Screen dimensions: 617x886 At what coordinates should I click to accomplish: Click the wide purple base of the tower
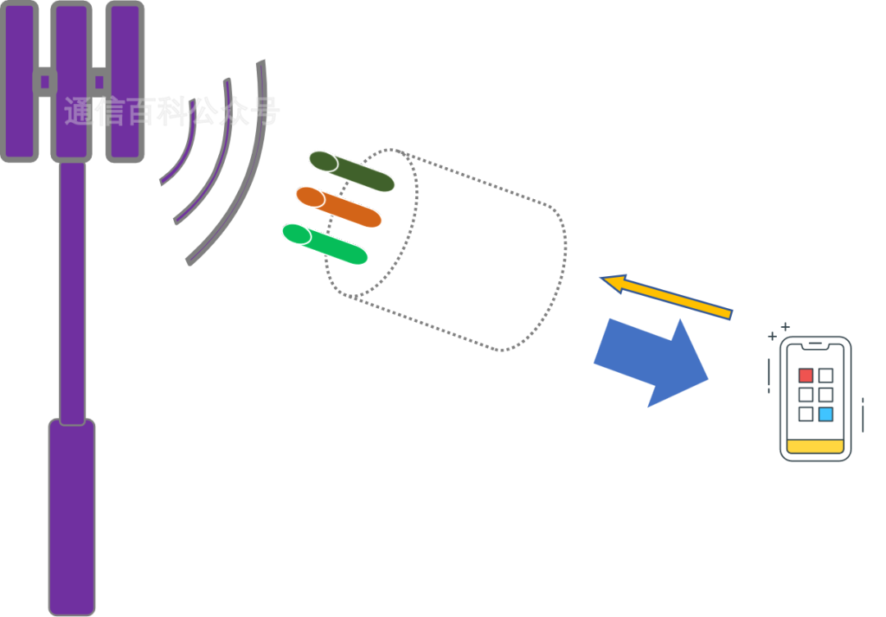(x=72, y=516)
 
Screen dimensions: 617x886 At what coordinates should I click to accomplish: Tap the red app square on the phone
(x=806, y=375)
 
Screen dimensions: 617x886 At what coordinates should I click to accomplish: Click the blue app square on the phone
(x=825, y=415)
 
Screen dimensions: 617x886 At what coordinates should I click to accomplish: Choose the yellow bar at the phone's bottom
(x=815, y=447)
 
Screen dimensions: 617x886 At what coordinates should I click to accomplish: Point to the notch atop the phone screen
(x=815, y=343)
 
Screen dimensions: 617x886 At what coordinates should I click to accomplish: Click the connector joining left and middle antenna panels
(x=45, y=81)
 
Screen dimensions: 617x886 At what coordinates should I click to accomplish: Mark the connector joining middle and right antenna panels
(x=98, y=81)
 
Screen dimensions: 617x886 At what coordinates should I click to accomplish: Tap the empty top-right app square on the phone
(x=825, y=375)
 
